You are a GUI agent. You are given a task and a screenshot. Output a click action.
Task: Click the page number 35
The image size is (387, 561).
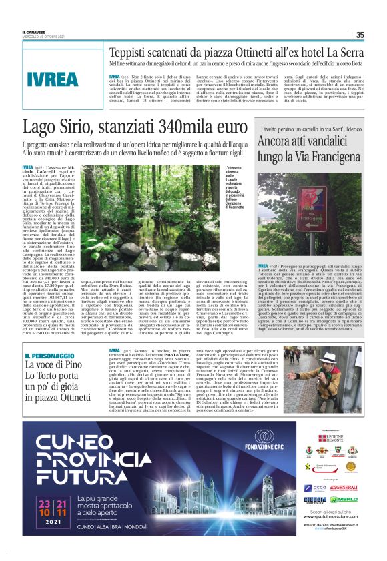tap(360, 35)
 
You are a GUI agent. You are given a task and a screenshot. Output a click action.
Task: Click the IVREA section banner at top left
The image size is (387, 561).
tap(53, 78)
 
